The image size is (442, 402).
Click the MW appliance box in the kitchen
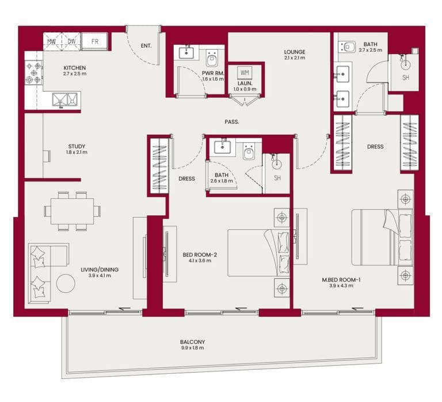[52, 41]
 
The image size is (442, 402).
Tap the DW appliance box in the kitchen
[71, 41]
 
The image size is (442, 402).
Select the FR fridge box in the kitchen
[94, 41]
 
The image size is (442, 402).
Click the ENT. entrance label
[146, 46]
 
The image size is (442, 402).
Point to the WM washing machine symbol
[245, 73]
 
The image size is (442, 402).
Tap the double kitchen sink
[65, 100]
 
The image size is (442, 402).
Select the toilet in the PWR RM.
[211, 58]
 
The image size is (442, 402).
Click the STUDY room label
[77, 146]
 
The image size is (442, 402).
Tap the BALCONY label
[192, 342]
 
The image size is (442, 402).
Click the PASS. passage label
[232, 122]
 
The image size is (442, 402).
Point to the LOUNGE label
[294, 51]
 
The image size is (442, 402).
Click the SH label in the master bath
[406, 77]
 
